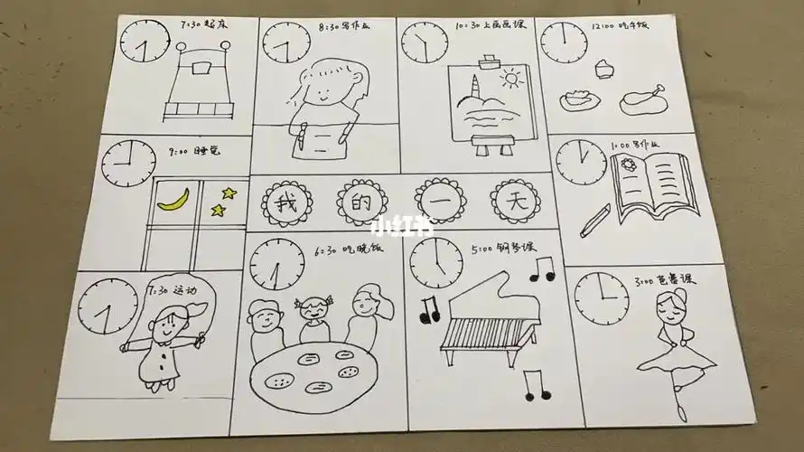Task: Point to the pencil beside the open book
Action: click(x=594, y=220)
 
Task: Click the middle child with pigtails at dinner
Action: click(x=314, y=312)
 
